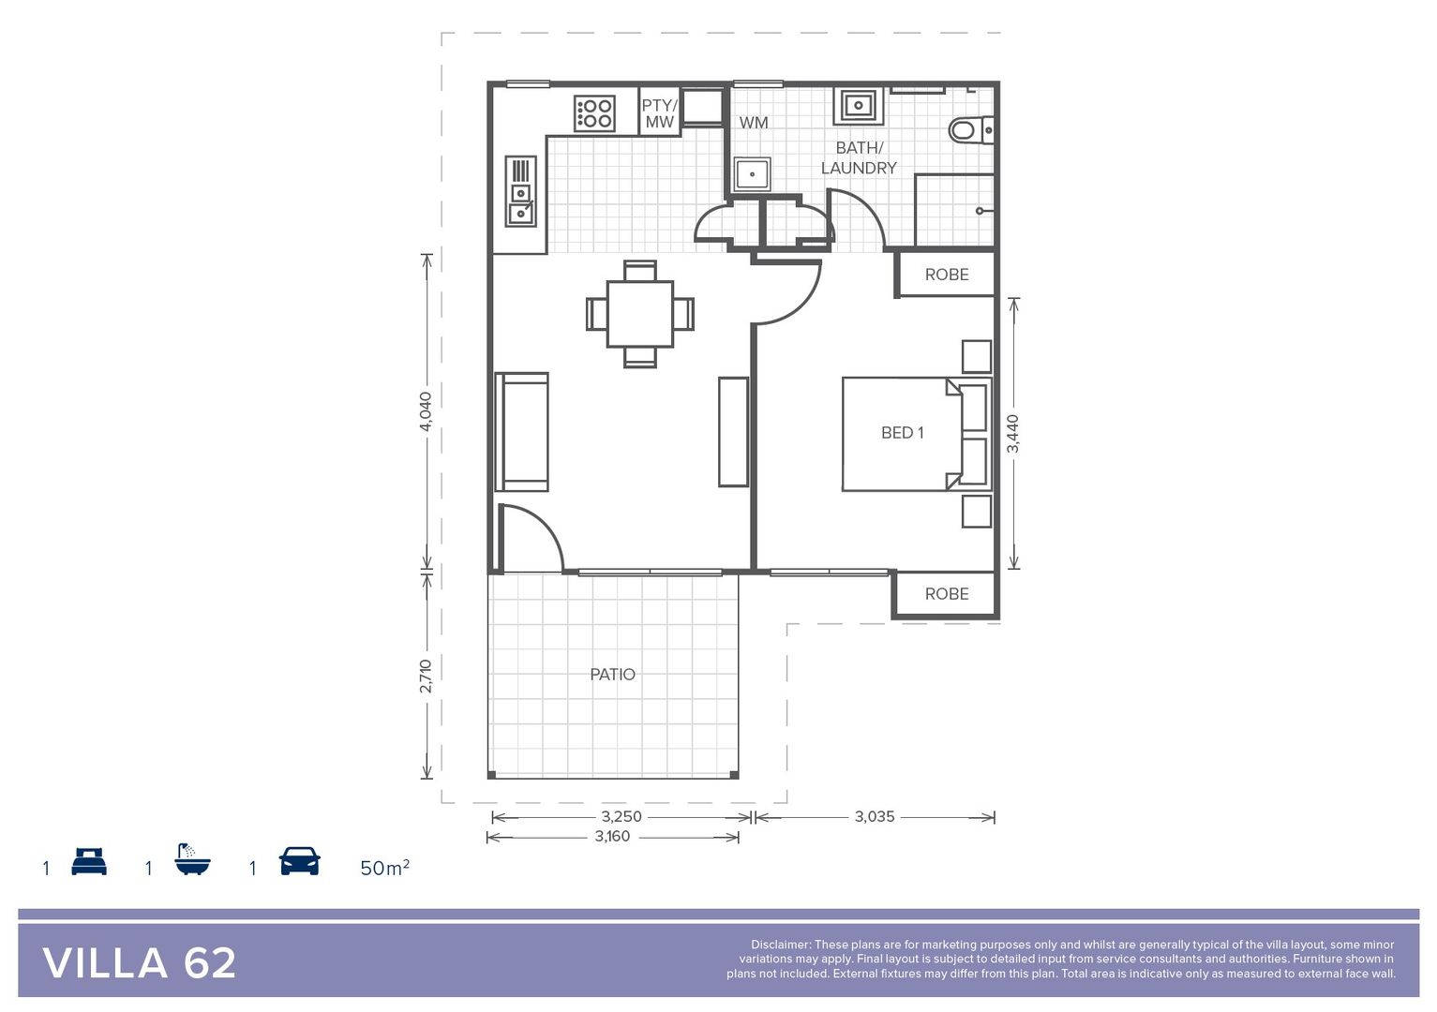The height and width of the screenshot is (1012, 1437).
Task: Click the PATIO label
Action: point(612,675)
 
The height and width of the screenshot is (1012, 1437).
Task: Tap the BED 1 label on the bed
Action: point(902,433)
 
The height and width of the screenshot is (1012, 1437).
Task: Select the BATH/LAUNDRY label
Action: point(859,158)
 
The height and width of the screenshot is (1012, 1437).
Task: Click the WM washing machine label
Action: point(753,123)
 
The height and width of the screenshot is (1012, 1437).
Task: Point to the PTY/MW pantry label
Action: point(659,114)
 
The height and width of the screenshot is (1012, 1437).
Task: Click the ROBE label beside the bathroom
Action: point(947,275)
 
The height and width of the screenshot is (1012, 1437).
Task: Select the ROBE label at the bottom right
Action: point(947,594)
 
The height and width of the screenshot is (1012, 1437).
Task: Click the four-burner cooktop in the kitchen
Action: point(594,114)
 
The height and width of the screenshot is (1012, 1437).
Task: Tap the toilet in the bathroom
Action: point(969,129)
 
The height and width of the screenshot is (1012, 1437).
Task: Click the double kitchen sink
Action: point(520,192)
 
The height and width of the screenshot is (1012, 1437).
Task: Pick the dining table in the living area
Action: point(640,314)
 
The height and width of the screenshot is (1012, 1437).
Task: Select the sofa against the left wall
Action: point(522,432)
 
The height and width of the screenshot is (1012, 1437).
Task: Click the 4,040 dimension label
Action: point(426,411)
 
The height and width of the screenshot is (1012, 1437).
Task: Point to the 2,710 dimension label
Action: point(426,676)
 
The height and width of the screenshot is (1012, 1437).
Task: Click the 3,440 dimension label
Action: point(1012,434)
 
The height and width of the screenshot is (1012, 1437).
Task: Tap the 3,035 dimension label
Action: point(874,817)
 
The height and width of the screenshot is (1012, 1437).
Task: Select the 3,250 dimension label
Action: point(621,817)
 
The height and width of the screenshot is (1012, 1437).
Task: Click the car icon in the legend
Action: point(299,861)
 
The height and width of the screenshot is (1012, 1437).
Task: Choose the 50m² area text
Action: point(384,868)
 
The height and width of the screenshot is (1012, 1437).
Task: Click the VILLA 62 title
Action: point(140,963)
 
